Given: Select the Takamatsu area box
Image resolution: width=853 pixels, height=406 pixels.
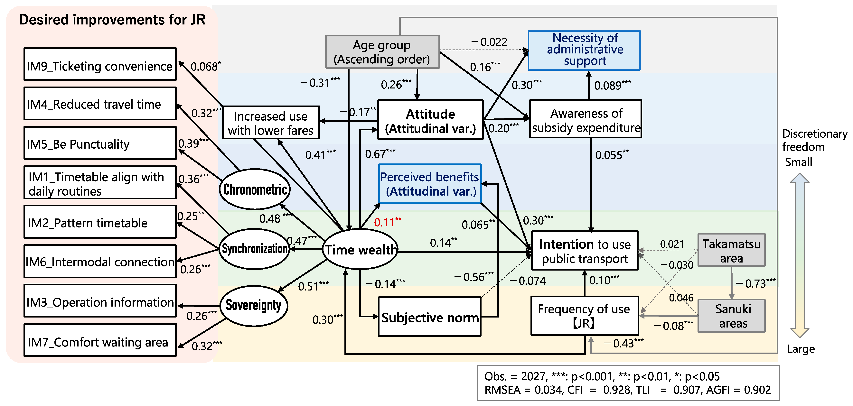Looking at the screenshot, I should click(x=731, y=250).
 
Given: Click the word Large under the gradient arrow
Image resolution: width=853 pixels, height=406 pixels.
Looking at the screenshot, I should click(x=801, y=349).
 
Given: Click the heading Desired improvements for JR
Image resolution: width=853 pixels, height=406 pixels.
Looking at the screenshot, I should click(x=112, y=20).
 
